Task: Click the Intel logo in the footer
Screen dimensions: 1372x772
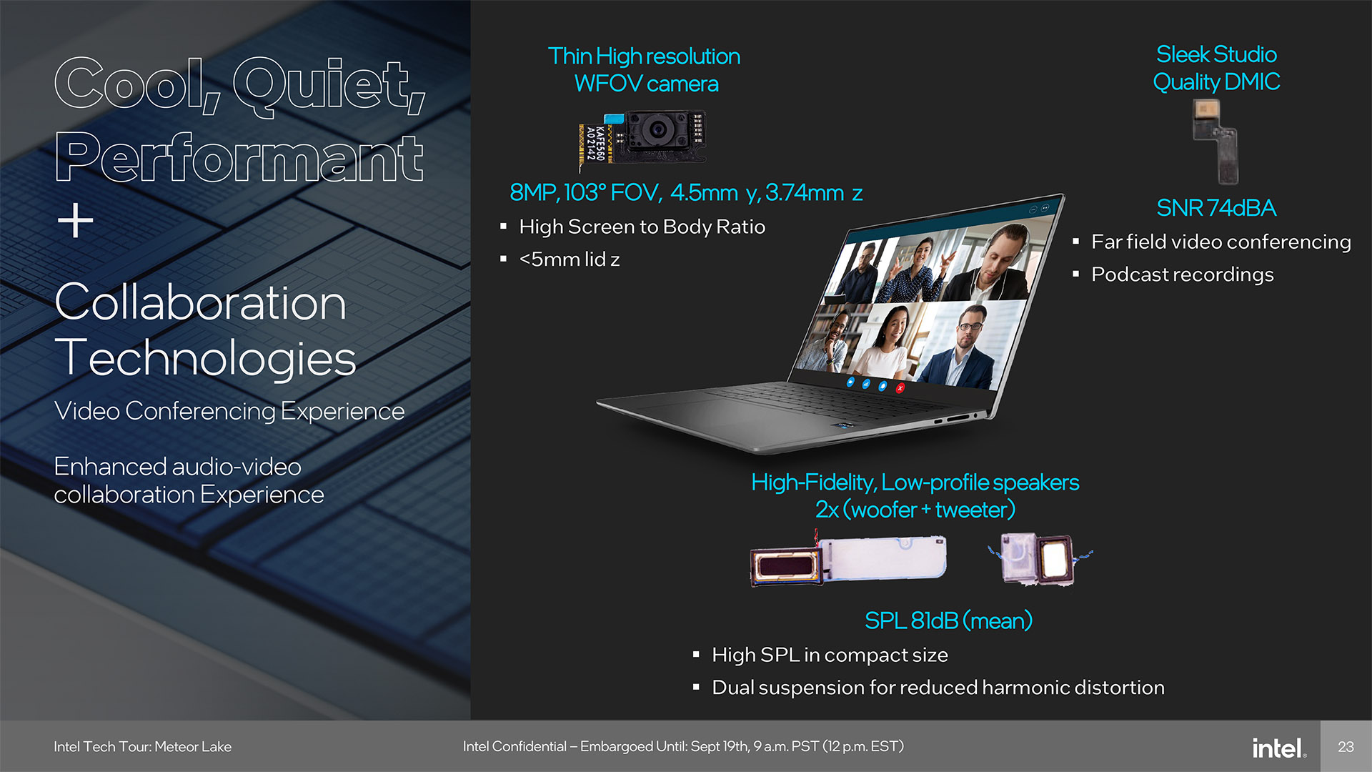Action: pos(1279,748)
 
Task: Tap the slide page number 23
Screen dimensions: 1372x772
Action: pos(1346,747)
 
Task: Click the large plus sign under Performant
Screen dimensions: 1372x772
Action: pos(76,220)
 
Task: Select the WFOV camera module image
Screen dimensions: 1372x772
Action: pos(642,139)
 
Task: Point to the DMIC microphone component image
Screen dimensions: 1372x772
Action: pos(1215,141)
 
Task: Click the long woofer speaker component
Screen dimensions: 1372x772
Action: pos(848,560)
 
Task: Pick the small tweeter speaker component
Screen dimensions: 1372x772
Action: pos(1039,558)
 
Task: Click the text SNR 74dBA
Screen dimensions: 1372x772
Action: pos(1216,208)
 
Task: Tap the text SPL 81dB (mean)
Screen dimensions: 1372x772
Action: pos(948,620)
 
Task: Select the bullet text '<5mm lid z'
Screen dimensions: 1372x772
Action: pos(570,259)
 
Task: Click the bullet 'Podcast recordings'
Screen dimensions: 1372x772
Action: pos(1182,274)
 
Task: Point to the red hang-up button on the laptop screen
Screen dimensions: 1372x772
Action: pos(900,388)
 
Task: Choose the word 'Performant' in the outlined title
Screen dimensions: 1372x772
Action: pos(239,158)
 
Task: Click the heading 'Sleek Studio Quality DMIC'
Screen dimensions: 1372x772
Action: pos(1216,68)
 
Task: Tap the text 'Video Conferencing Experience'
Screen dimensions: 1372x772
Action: pos(229,411)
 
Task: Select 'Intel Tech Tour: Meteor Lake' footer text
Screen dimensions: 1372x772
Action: pos(142,747)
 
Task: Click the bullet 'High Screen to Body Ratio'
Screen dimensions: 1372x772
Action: pos(642,227)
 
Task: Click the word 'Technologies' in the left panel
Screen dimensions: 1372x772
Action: pos(205,357)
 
